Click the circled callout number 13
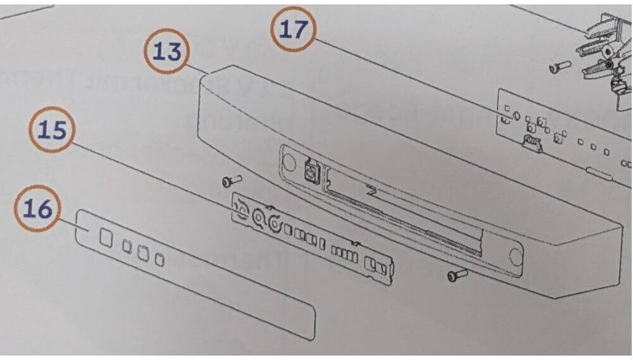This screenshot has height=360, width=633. (x=166, y=51)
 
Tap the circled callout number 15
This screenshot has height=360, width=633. (x=52, y=130)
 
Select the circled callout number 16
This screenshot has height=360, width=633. (x=37, y=208)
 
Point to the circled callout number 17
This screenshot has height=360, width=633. (x=294, y=29)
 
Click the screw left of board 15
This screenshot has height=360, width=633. (x=232, y=180)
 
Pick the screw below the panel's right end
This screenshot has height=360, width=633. (x=458, y=275)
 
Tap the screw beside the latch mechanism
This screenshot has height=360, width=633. (x=560, y=66)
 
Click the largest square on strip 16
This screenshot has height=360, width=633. (x=106, y=237)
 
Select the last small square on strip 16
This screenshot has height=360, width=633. (x=160, y=260)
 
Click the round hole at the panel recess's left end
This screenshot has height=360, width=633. (x=289, y=161)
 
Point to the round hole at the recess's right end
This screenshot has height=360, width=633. (x=515, y=256)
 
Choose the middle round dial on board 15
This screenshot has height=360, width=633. (x=258, y=217)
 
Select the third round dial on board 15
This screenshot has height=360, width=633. (x=275, y=223)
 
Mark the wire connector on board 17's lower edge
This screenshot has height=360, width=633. (x=531, y=142)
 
